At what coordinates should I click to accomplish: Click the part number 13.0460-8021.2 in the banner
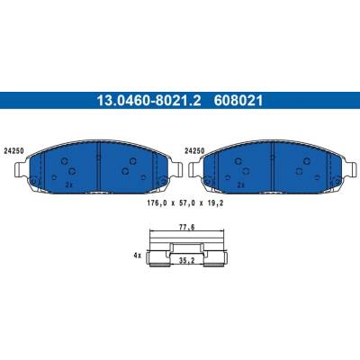(148, 101)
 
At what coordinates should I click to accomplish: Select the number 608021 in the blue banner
(238, 101)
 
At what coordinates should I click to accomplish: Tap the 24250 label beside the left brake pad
(14, 151)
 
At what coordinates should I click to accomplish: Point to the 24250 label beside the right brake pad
(194, 151)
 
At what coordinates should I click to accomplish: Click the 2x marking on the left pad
(68, 185)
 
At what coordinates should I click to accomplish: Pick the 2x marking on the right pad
(240, 185)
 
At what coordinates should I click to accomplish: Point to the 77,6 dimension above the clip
(187, 227)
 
